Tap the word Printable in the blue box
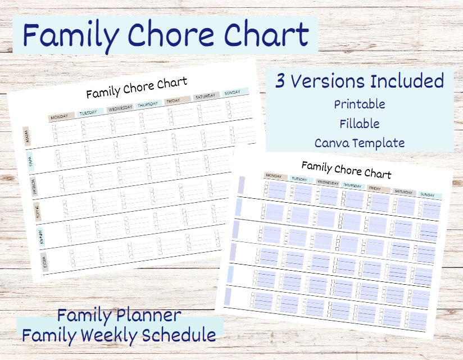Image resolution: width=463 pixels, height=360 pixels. coord(360,104)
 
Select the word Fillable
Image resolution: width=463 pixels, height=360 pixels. coord(360,124)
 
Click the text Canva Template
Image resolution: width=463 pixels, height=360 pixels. coord(360,143)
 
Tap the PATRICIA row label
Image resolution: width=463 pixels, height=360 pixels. coord(34,184)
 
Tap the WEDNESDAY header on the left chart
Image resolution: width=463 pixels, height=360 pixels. coord(120,108)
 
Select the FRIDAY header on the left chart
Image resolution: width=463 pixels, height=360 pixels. coord(174,101)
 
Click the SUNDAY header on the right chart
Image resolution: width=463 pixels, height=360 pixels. coord(428,195)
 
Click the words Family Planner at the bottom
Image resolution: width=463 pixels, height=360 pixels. coord(119,315)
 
